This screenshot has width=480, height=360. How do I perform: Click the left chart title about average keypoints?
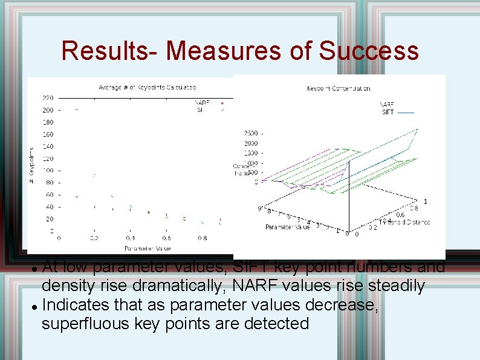click(x=148, y=88)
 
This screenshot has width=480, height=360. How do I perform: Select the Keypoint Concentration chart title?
click(x=339, y=88)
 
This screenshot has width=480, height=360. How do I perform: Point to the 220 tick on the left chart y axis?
click(x=47, y=97)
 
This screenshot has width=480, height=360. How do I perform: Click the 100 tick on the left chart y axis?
click(x=47, y=171)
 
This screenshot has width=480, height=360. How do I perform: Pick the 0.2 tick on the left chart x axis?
click(x=94, y=238)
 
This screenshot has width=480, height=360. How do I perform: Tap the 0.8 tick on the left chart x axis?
click(x=202, y=238)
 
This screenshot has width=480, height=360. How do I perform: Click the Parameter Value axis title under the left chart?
click(x=148, y=248)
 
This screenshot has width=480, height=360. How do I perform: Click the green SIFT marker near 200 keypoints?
click(x=76, y=110)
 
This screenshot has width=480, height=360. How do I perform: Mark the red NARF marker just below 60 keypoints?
click(x=76, y=197)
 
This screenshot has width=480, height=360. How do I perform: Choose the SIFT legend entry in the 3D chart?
click(x=388, y=112)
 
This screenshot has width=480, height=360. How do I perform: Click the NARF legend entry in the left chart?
click(x=202, y=103)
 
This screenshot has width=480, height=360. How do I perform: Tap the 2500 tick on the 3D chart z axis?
click(x=250, y=133)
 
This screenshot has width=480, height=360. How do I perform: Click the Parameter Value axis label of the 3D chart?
click(x=287, y=227)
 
